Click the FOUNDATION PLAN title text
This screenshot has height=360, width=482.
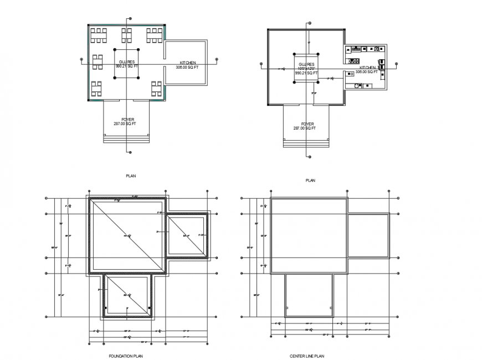click(127, 356)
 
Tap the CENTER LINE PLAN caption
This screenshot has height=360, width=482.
click(306, 356)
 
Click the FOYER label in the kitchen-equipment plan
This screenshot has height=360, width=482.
click(307, 124)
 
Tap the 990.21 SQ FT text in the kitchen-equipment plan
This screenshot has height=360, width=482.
click(306, 73)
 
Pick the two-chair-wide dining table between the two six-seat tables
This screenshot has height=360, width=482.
click(126, 35)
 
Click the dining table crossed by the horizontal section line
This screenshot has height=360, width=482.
click(98, 62)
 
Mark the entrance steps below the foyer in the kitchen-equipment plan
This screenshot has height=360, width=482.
click(307, 142)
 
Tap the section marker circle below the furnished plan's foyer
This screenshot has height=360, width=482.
click(129, 152)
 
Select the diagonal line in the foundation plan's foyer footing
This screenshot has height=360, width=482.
click(127, 296)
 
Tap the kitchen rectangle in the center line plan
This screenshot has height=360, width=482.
click(368, 236)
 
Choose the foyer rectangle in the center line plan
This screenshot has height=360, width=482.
click(309, 295)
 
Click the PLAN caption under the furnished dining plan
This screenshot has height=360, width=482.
click(130, 176)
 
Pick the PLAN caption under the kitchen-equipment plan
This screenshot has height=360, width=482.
click(310, 181)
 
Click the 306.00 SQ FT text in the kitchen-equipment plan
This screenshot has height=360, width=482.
click(366, 72)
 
